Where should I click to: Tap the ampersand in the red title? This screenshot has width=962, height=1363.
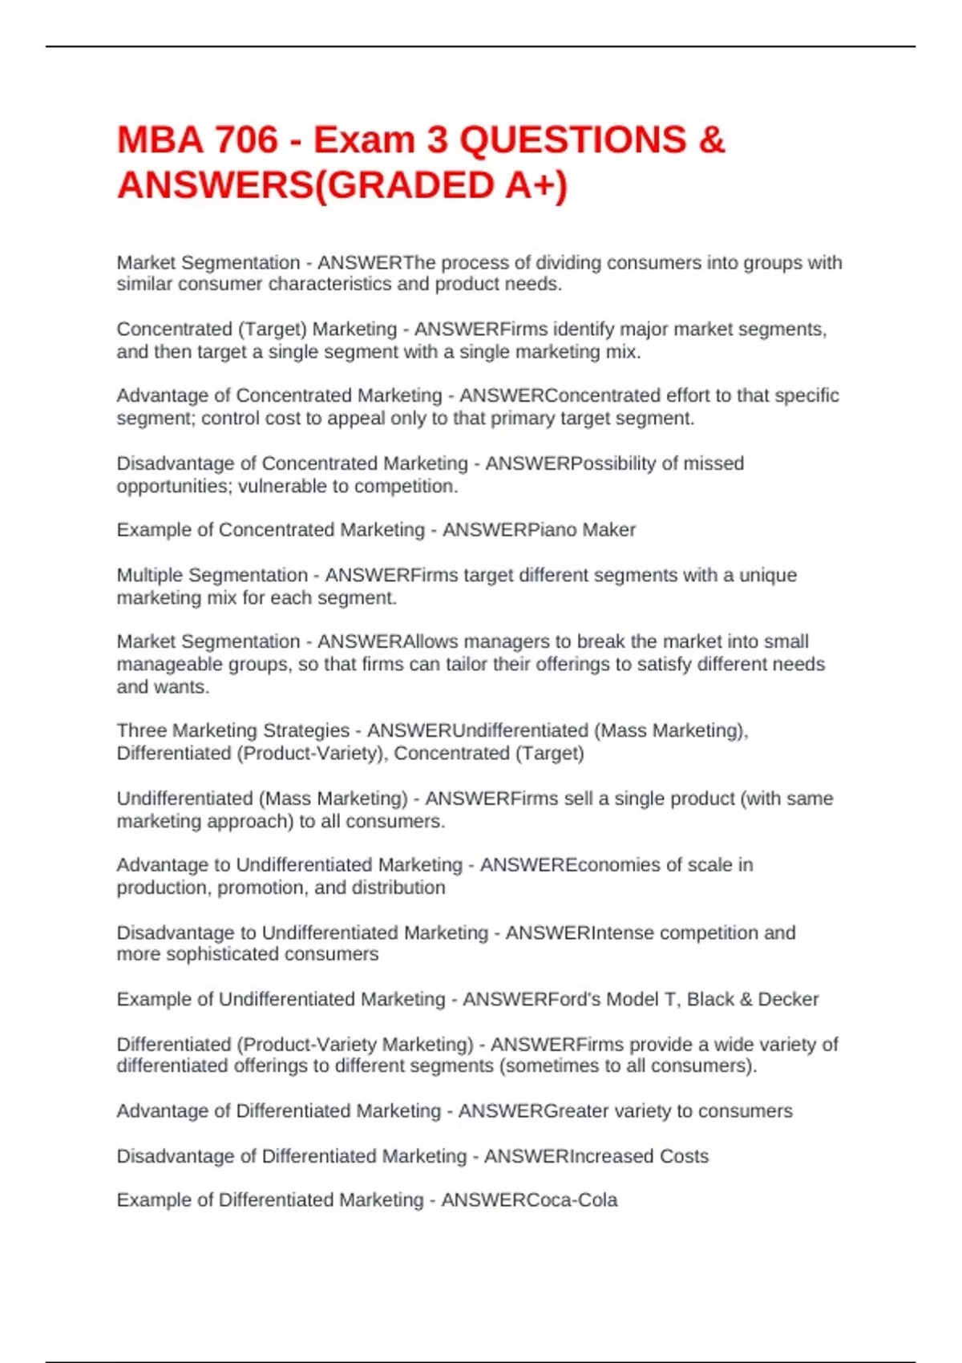(x=711, y=140)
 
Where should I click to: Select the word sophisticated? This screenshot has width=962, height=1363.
(x=208, y=954)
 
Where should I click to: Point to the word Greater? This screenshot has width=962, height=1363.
(x=576, y=1111)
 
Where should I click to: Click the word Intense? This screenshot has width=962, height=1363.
(x=621, y=933)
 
